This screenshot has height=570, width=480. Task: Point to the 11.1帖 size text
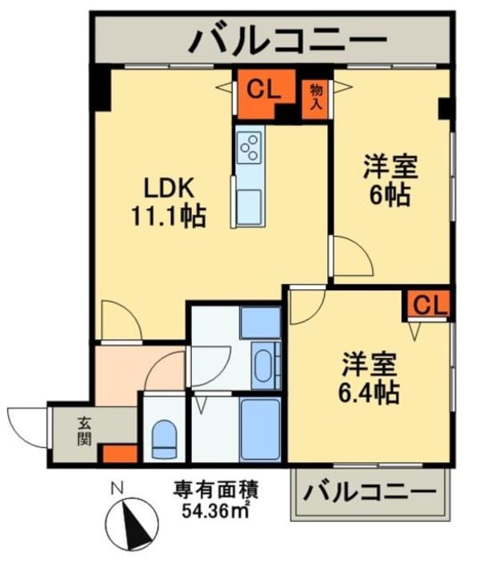[169, 216]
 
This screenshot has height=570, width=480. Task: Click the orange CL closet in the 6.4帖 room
[430, 305]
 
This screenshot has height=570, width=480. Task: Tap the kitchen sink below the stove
[249, 201]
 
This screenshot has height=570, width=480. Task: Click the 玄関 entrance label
[83, 432]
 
